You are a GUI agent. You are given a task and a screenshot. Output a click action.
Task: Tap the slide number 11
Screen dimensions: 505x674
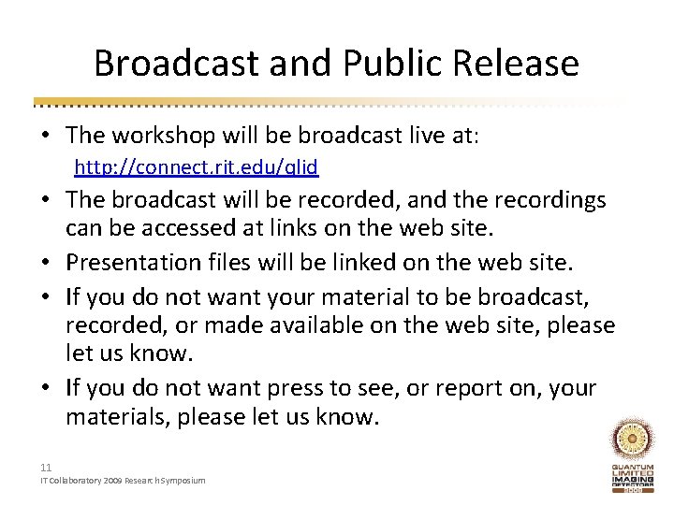[46, 468]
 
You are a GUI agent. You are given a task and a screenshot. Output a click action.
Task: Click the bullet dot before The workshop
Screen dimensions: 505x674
[45, 136]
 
